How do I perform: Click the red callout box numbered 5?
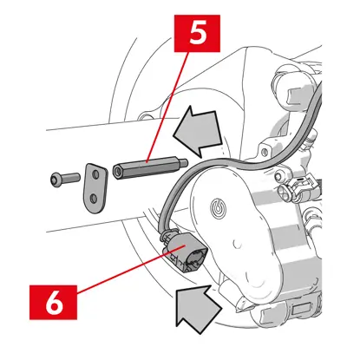pos(197,34)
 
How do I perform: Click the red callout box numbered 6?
pos(54,302)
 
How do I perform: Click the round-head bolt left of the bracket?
pos(65,179)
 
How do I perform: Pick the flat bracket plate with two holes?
pos(95,188)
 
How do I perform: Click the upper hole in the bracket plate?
pos(95,174)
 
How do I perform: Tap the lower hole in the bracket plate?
pos(94,199)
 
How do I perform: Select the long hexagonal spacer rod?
pos(150,168)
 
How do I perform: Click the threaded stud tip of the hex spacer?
pos(183,163)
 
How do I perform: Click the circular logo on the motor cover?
pos(219,207)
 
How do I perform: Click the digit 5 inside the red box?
pos(198,33)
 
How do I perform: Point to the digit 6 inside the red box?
pos(54,303)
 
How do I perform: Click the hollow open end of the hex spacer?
pos(118,172)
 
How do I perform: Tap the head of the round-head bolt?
pos(55,180)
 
